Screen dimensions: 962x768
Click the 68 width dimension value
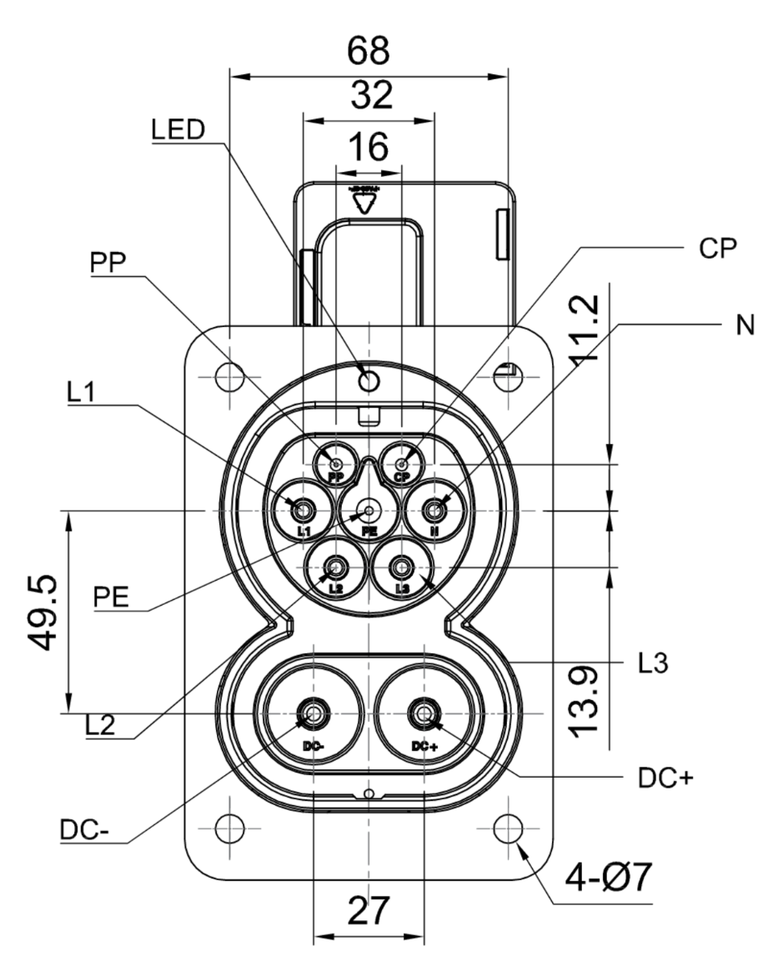tap(369, 52)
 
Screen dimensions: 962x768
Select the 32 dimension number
tap(369, 97)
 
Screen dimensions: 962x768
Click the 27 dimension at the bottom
tap(368, 911)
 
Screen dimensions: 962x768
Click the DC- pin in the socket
tap(313, 713)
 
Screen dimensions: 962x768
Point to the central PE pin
tap(369, 508)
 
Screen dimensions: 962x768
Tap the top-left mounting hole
tap(228, 377)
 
